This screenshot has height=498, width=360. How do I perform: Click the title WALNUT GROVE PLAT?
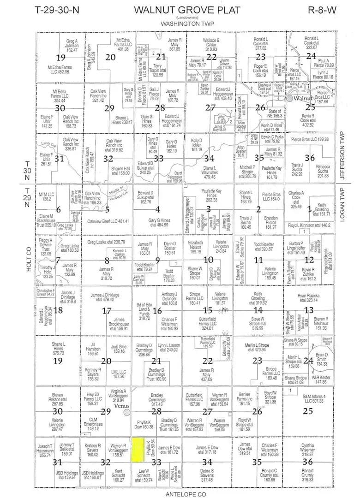[x=187, y=11]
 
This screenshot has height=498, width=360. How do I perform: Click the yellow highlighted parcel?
[x=137, y=450]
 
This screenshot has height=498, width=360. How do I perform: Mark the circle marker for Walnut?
[x=289, y=98]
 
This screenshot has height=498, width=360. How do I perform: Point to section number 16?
[x=157, y=310]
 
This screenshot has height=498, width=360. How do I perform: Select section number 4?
[x=157, y=208]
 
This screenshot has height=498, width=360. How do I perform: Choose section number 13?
[x=309, y=310]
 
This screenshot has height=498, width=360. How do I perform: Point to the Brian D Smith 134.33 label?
[x=321, y=360]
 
